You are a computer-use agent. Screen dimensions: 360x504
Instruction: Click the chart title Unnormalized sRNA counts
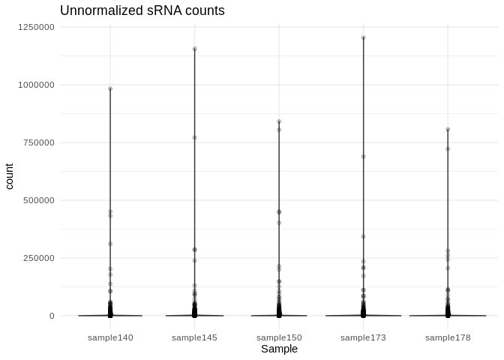click(142, 11)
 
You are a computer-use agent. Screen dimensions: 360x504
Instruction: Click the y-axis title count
click(10, 172)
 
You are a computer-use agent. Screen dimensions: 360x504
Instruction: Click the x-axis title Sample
click(279, 349)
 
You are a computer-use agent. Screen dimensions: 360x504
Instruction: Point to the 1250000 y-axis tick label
click(37, 27)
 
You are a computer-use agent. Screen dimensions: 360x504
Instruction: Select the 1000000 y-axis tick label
click(37, 85)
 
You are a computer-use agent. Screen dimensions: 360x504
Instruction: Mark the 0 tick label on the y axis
click(52, 316)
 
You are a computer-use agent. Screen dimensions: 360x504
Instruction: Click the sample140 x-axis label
click(110, 337)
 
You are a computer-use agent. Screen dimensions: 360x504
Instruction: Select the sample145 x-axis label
click(194, 337)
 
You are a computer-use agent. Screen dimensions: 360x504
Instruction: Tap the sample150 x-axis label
click(279, 337)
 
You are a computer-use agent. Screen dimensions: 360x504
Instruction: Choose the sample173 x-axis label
click(363, 337)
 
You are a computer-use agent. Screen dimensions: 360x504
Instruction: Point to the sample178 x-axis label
click(448, 337)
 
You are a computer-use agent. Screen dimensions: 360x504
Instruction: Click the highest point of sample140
click(110, 88)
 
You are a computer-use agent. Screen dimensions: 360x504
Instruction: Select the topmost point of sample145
click(194, 49)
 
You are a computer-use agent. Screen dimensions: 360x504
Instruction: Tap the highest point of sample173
click(363, 37)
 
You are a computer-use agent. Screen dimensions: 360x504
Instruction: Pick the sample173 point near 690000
click(363, 157)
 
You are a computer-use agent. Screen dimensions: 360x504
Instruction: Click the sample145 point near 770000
click(194, 138)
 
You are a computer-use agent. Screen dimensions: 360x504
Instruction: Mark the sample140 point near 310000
click(110, 244)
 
